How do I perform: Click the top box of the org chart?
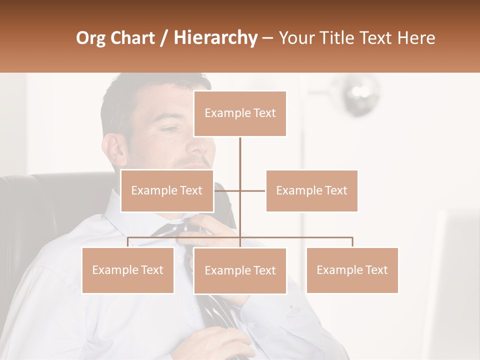click(240, 113)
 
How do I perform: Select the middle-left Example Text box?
click(167, 190)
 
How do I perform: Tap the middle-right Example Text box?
click(311, 190)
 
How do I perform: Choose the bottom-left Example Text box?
click(128, 270)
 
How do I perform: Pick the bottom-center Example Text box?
click(240, 270)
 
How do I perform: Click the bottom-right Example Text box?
click(352, 270)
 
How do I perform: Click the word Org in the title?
click(90, 38)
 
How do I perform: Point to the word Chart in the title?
click(132, 38)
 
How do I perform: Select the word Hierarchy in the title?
click(215, 38)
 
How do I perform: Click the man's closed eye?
click(170, 129)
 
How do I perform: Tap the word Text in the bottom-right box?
click(376, 270)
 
